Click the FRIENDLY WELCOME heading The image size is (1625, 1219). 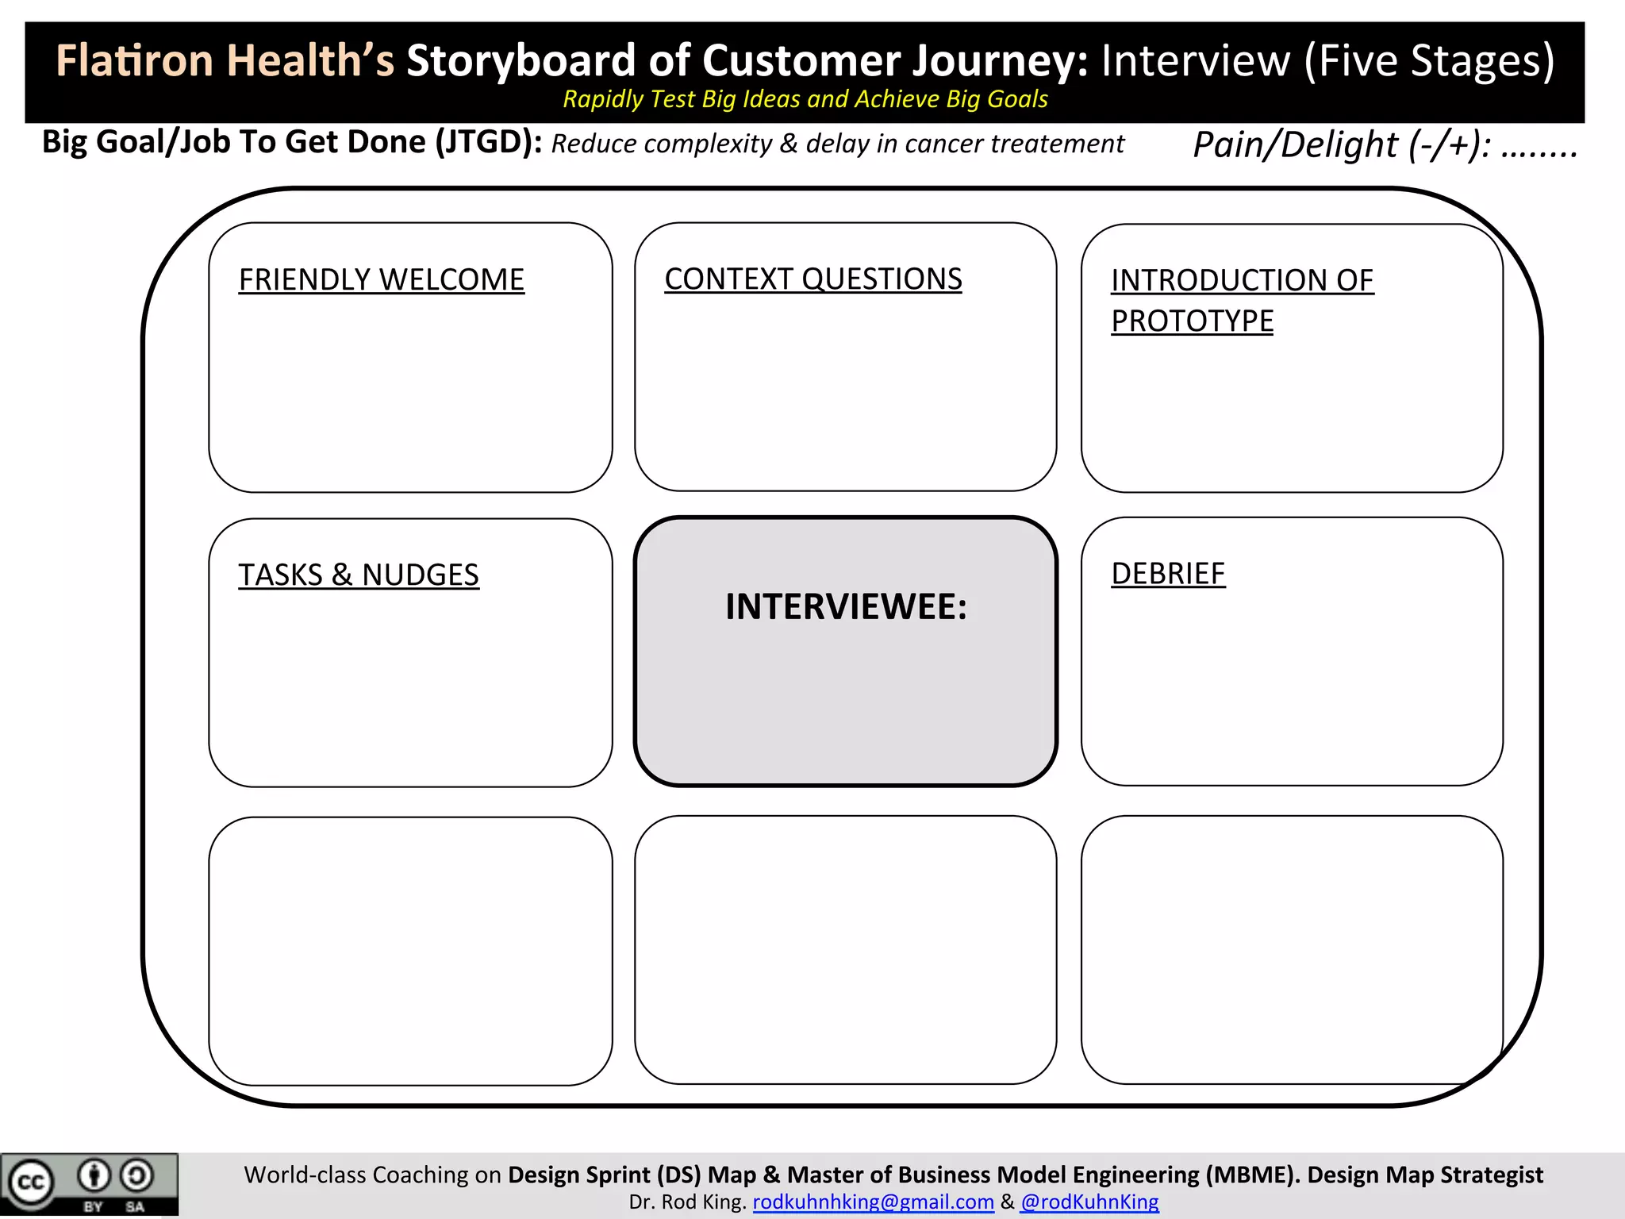[381, 280]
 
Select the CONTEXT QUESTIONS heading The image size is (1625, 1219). [812, 279]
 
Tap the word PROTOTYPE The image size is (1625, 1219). [1192, 321]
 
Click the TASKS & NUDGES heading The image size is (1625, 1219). [358, 575]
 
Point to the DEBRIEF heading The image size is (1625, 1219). [1168, 574]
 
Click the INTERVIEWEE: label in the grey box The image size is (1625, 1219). [846, 607]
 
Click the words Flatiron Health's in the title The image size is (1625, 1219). [225, 61]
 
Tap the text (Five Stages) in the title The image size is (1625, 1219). [1429, 61]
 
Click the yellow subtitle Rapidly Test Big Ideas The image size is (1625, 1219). [805, 99]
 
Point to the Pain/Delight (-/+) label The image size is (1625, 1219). [1341, 145]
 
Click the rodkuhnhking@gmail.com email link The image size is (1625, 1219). [873, 1202]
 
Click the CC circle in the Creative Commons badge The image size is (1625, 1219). [31, 1182]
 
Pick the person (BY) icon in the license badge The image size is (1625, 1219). [94, 1176]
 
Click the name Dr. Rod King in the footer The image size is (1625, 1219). [686, 1202]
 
